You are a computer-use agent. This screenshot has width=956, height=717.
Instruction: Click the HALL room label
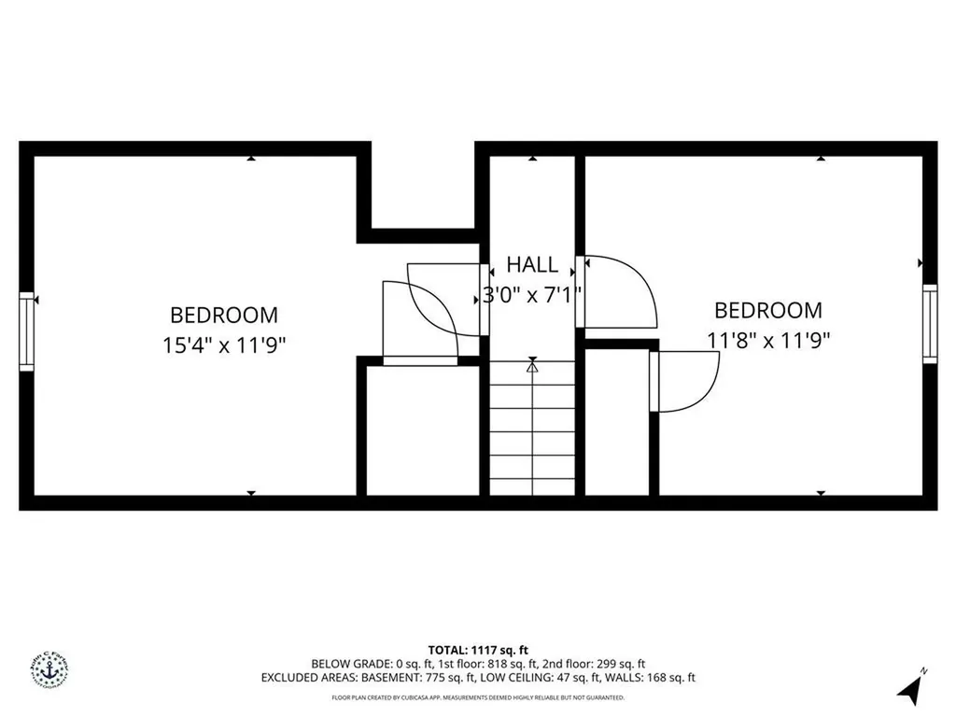[532, 264]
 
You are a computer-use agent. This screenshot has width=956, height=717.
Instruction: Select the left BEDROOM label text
[223, 316]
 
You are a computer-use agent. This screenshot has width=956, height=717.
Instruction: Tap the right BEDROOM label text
[768, 310]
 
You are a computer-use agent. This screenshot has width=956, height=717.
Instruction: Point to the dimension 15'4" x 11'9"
[223, 344]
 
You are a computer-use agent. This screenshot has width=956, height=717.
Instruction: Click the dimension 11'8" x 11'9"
[768, 340]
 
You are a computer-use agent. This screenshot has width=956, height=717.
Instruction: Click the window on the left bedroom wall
[26, 331]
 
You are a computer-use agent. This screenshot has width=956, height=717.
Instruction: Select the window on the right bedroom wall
[929, 323]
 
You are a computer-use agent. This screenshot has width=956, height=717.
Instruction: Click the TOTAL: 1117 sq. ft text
[478, 650]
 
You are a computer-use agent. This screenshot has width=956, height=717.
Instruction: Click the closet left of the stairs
[422, 429]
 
